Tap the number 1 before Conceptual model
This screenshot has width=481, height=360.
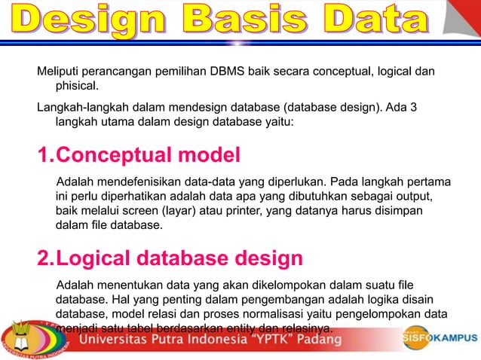pyautogui.click(x=44, y=156)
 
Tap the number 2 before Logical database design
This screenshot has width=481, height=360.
pyautogui.click(x=44, y=259)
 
